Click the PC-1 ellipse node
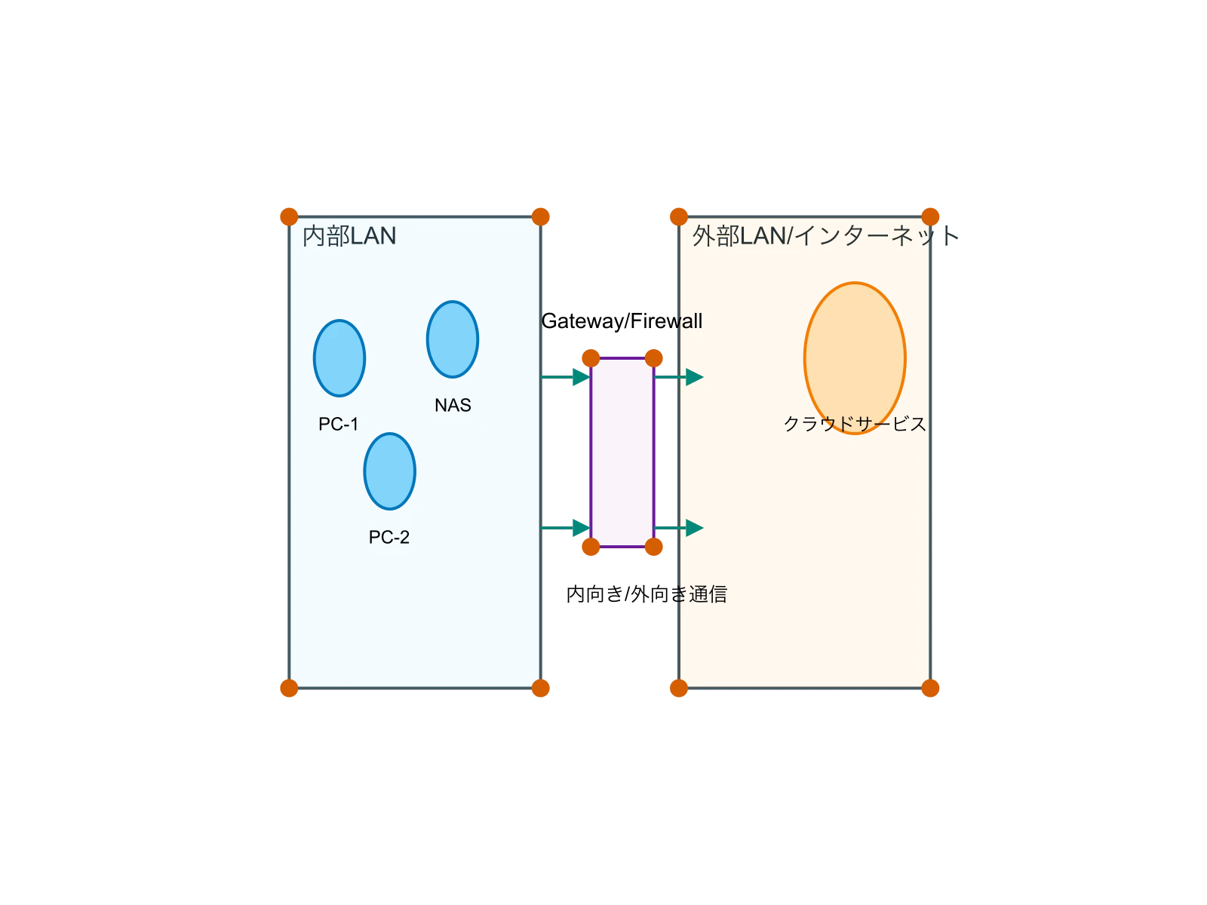(x=339, y=358)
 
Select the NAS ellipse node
(x=453, y=339)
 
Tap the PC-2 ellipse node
(x=389, y=471)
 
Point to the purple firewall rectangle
(x=622, y=452)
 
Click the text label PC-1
(x=339, y=425)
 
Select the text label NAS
(x=453, y=406)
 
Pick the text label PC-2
(x=389, y=538)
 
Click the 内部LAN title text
(x=349, y=236)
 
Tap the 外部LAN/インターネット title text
(x=822, y=236)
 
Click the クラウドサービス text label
(x=855, y=424)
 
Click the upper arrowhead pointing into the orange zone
(x=695, y=377)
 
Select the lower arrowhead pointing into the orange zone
(x=695, y=528)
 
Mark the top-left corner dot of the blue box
(x=289, y=216)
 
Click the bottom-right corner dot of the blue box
(x=541, y=688)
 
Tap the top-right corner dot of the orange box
(x=931, y=216)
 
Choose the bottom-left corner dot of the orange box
(x=679, y=688)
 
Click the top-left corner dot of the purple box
(x=591, y=357)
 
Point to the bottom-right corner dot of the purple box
(x=654, y=547)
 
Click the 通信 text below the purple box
(x=708, y=594)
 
